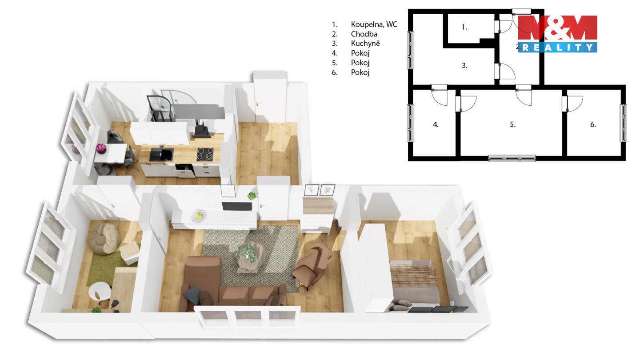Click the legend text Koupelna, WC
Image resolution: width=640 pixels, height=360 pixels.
(x=374, y=24)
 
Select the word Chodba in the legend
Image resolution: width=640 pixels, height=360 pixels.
(x=364, y=34)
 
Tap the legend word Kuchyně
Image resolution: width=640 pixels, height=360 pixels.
(x=365, y=44)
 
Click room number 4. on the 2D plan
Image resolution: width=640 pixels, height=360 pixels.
(x=436, y=124)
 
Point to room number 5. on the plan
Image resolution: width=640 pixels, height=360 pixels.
(x=512, y=124)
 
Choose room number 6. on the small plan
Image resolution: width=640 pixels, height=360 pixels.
(x=593, y=124)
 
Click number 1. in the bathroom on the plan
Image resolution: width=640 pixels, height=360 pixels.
(x=464, y=27)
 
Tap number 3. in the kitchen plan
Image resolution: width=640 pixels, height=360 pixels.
(x=464, y=65)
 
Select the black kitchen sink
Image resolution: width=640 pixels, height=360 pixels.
(x=161, y=155)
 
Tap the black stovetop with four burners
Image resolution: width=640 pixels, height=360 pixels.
(x=205, y=155)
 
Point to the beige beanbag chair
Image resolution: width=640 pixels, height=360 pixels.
(x=105, y=238)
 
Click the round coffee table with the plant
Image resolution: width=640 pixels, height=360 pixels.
(x=250, y=256)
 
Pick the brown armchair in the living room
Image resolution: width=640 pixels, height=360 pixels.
(x=312, y=264)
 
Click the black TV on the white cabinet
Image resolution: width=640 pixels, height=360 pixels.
(x=237, y=206)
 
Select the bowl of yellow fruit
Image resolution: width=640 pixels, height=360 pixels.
(x=199, y=216)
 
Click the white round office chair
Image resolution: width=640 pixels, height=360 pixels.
(x=100, y=292)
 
